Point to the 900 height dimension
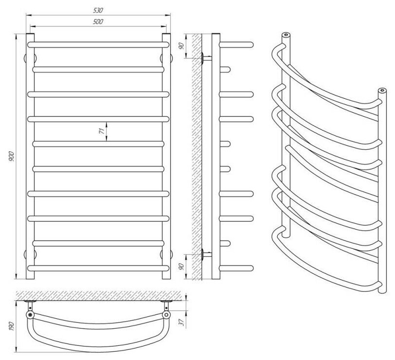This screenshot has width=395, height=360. (11, 157)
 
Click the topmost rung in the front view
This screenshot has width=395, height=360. (98, 44)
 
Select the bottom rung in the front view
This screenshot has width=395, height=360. (98, 268)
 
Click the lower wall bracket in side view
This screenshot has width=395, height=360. (206, 253)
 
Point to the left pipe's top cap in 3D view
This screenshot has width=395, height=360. (286, 35)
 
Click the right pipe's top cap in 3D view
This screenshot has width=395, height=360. (382, 90)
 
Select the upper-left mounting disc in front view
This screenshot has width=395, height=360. (26, 57)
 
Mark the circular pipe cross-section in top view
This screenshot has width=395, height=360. (31, 315)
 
